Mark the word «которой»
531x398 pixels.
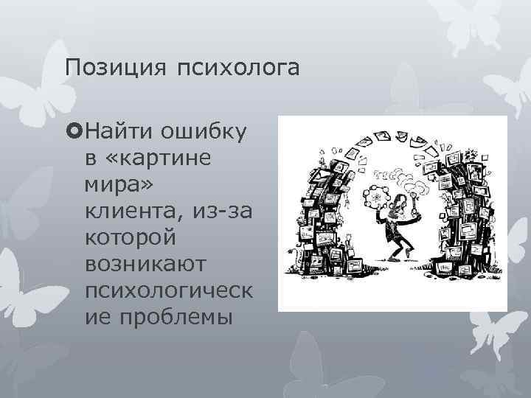[137, 238]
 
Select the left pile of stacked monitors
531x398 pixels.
[324, 221]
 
